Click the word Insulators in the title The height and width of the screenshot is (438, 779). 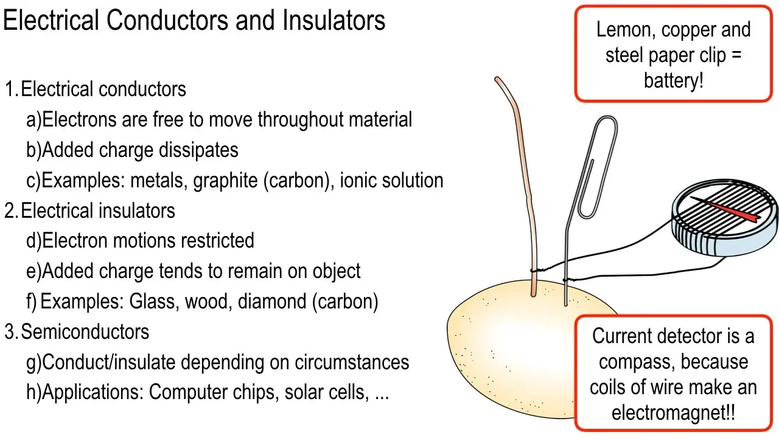pyautogui.click(x=334, y=20)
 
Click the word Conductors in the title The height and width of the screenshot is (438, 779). pyautogui.click(x=168, y=20)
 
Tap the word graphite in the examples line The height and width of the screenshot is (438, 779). pyautogui.click(x=225, y=181)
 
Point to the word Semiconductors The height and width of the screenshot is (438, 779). pyautogui.click(x=85, y=332)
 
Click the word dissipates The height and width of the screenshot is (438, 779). pyautogui.click(x=198, y=150)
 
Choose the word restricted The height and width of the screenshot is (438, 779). pyautogui.click(x=217, y=240)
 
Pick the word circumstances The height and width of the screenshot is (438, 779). pyautogui.click(x=352, y=362)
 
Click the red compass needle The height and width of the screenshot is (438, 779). pyautogui.click(x=725, y=210)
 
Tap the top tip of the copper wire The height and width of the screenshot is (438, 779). pyautogui.click(x=497, y=78)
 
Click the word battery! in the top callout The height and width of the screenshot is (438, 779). pyautogui.click(x=673, y=81)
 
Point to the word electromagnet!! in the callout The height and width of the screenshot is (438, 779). pyautogui.click(x=673, y=413)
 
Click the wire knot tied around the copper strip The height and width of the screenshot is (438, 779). pyautogui.click(x=535, y=270)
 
